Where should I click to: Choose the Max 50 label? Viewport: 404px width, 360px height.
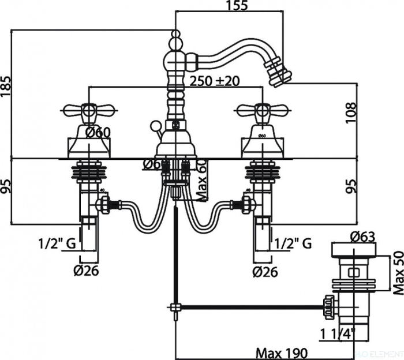click(396, 271)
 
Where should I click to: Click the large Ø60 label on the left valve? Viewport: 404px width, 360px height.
click(98, 133)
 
